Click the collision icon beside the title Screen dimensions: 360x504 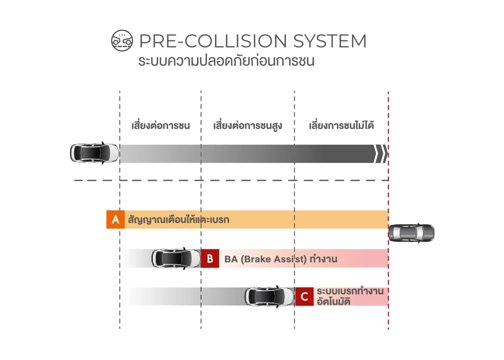click(x=121, y=41)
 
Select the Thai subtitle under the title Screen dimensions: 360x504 click(x=226, y=60)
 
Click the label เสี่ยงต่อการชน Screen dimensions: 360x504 click(x=160, y=126)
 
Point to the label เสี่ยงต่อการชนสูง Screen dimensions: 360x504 click(x=247, y=126)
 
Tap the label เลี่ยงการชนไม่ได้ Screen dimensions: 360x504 click(x=342, y=126)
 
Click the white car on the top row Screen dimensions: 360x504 click(x=94, y=153)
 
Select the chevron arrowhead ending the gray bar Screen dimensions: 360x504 click(x=380, y=153)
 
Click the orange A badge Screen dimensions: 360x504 click(x=115, y=219)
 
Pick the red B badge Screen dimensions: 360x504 click(x=210, y=259)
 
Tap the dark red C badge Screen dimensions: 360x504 click(x=304, y=297)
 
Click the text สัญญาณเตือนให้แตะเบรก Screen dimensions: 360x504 click(x=178, y=219)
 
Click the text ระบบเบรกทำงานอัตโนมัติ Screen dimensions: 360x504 click(x=350, y=297)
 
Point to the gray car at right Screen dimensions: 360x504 click(x=411, y=233)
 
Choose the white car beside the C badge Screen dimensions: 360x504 click(x=270, y=297)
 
